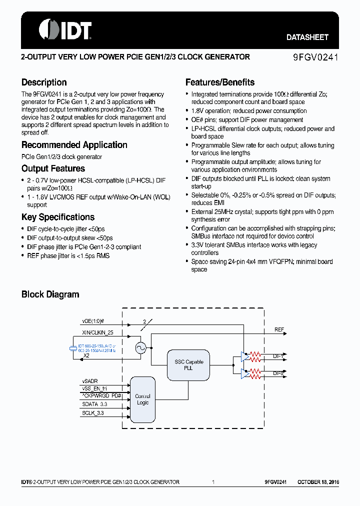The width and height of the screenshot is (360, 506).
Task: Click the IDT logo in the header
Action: coord(65,29)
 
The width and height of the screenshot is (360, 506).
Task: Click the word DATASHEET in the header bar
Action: coord(307,37)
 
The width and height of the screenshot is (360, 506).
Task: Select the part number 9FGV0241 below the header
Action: coord(315,57)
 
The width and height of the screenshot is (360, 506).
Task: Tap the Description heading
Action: coord(44,82)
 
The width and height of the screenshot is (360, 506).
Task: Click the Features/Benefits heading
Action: coord(220,82)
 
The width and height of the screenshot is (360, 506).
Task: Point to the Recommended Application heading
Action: coord(74,145)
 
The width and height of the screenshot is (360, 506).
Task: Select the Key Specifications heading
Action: coord(58,217)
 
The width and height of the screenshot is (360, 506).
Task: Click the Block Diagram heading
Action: coord(50,294)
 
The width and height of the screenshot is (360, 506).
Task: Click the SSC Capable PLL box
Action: coord(189,364)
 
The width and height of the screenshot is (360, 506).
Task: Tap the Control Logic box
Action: coord(142,399)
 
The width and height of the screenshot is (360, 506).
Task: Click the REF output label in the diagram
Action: coord(279,330)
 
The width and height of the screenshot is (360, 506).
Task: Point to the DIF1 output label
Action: coord(278,356)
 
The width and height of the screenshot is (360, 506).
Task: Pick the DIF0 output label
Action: coord(278,373)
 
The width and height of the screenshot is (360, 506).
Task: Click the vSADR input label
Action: coord(90,380)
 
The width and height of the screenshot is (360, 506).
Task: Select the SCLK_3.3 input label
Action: coord(93,413)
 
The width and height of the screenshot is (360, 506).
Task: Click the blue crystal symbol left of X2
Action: coord(73,348)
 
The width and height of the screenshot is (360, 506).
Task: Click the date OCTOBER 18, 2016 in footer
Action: coord(318,482)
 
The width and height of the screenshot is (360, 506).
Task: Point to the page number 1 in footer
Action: coord(213,482)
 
